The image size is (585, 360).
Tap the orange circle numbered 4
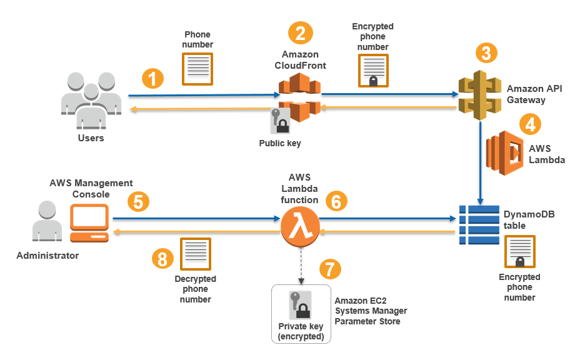pyautogui.click(x=530, y=124)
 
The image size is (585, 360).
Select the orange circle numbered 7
pyautogui.click(x=331, y=269)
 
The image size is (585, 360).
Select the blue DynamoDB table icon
pyautogui.click(x=478, y=224)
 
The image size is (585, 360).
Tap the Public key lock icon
pyautogui.click(x=280, y=121)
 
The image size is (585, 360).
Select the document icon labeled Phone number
pyautogui.click(x=197, y=68)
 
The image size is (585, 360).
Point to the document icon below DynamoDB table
pyautogui.click(x=519, y=252)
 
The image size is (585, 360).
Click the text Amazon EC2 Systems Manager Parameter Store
pyautogui.click(x=371, y=311)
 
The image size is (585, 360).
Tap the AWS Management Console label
pyautogui.click(x=91, y=189)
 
